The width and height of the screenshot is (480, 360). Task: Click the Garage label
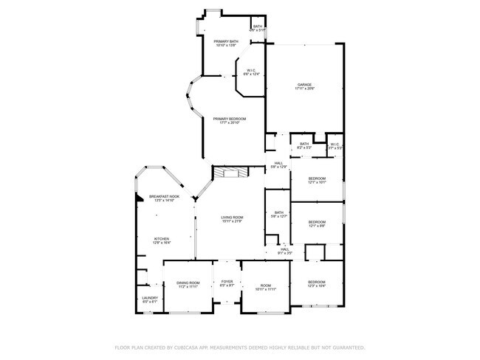305,85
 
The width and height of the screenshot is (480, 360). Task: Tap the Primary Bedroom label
229,119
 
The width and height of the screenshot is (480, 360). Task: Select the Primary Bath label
226,41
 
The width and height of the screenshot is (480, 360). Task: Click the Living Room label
232,217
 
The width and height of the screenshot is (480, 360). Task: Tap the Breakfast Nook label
161,196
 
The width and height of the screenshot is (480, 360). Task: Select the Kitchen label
161,238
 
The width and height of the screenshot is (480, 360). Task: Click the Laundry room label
149,298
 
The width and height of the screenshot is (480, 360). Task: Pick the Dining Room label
188,283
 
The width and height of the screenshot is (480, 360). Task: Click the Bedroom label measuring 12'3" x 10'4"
316,282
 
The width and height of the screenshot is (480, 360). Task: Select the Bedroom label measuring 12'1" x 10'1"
316,179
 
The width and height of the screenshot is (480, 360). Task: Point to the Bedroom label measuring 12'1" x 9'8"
316,222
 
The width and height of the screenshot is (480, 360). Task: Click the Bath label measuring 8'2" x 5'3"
304,144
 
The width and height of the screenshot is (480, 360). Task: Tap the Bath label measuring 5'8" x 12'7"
278,212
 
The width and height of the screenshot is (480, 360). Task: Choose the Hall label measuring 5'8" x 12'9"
278,163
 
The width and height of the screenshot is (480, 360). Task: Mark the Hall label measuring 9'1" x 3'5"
284,249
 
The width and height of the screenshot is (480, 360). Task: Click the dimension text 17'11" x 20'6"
305,89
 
